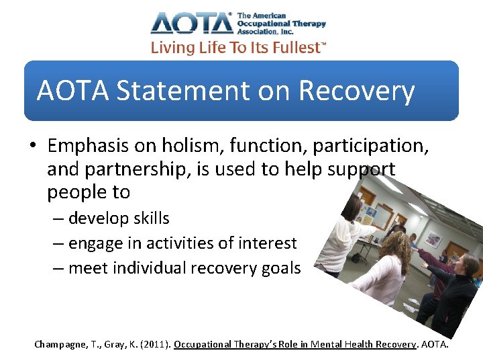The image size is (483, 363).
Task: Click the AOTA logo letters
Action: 191,23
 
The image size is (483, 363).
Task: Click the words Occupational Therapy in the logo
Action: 281,24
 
